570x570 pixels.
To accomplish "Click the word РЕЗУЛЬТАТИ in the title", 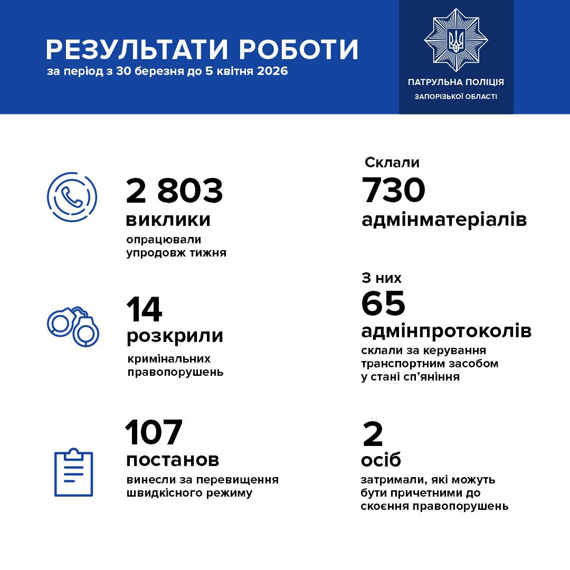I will (137, 49).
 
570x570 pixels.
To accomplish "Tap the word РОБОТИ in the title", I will (299, 49).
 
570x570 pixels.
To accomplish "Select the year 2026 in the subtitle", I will (272, 71).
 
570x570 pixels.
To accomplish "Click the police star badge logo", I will (456, 40).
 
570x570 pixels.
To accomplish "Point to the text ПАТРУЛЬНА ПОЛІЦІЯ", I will (456, 82).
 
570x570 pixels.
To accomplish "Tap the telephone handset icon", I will (72, 197).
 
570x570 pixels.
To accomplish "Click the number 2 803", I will (174, 191).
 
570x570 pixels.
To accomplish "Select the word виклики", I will (168, 220).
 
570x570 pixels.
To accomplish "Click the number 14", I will (144, 309).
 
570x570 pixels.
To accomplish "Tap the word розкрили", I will (175, 336).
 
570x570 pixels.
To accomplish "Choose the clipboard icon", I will (74, 472).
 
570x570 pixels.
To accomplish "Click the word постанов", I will (173, 460).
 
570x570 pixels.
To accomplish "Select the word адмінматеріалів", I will (444, 220).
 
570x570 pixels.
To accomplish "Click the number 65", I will (383, 303).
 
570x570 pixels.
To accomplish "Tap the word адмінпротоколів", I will (446, 331).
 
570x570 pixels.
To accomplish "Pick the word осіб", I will (381, 460).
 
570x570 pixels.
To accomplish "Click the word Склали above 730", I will (392, 163).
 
